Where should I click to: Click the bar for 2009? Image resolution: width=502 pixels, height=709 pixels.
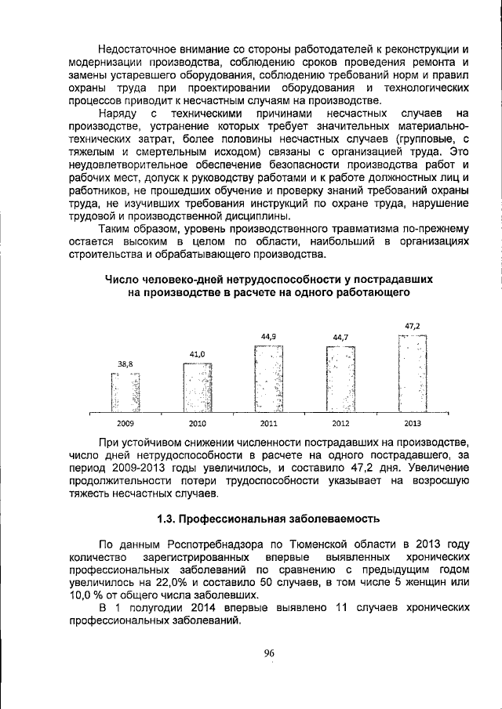[125, 392]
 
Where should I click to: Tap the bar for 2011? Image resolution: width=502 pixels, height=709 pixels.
[268, 378]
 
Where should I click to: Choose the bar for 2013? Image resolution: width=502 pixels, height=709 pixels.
[413, 374]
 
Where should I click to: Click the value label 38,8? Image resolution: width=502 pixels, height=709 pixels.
[125, 364]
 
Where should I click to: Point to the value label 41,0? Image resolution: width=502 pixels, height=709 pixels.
[197, 355]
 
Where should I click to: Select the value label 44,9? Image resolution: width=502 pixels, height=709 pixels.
[268, 337]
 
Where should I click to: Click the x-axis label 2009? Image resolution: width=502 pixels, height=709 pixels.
[125, 423]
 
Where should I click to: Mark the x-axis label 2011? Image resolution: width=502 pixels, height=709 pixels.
[268, 423]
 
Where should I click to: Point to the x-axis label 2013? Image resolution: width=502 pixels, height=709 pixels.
[413, 423]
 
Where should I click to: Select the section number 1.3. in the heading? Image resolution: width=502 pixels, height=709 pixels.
[170, 519]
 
